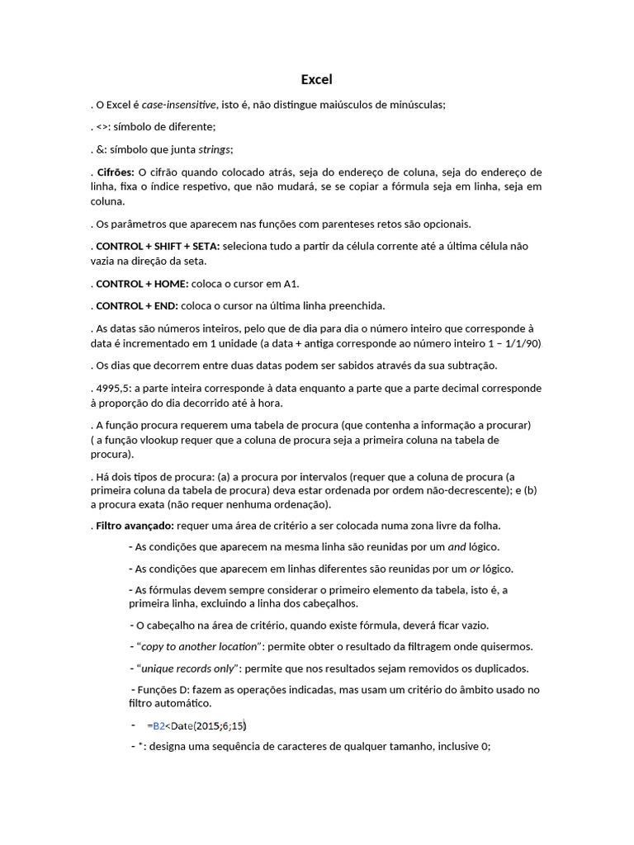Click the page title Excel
click(316, 80)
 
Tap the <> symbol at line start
click(102, 127)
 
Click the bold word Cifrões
click(115, 172)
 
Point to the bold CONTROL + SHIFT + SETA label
click(158, 246)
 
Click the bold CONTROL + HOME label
click(142, 284)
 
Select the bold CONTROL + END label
click(137, 305)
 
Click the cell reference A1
click(291, 284)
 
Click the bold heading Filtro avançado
click(134, 525)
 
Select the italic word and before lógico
click(457, 546)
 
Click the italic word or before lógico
click(475, 569)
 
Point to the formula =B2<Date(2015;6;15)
click(196, 725)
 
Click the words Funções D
click(163, 690)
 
